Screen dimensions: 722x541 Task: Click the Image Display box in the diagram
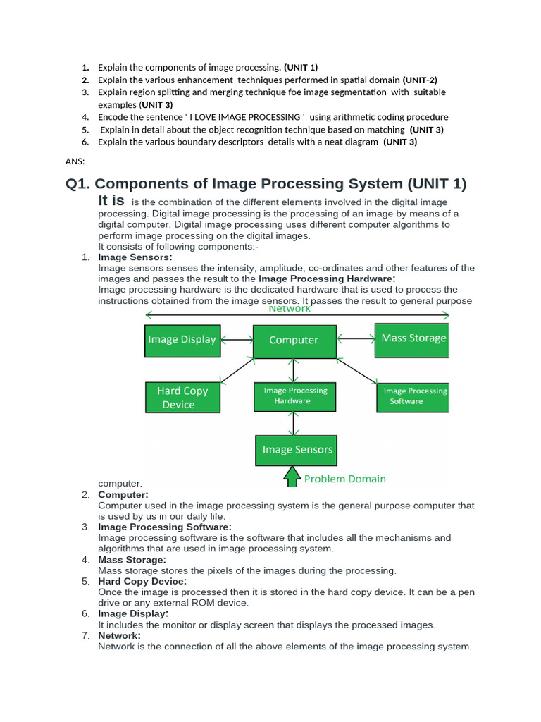coord(182,340)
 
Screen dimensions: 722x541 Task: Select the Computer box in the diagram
coord(294,340)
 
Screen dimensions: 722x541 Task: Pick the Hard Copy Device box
coord(182,398)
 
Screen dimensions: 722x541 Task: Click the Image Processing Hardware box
coord(295,396)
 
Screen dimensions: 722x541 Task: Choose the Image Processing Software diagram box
coord(413,396)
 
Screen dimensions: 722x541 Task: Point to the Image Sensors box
coord(297,450)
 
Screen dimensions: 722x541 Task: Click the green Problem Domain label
coord(344,479)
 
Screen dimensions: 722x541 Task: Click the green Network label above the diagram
coord(289,309)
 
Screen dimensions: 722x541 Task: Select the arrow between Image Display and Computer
coord(237,340)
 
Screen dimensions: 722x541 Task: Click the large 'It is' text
coord(111,201)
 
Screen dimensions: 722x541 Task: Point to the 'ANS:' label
coord(75,161)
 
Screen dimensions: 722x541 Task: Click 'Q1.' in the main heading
coord(80,184)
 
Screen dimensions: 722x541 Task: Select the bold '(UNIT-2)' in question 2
coord(420,80)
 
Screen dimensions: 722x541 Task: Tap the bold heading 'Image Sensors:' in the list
coord(135,257)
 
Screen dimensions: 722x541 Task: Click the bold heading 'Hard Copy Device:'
coord(142,581)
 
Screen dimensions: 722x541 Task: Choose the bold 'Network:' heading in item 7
coord(119,635)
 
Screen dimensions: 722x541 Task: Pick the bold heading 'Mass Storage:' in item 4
coord(132,559)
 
